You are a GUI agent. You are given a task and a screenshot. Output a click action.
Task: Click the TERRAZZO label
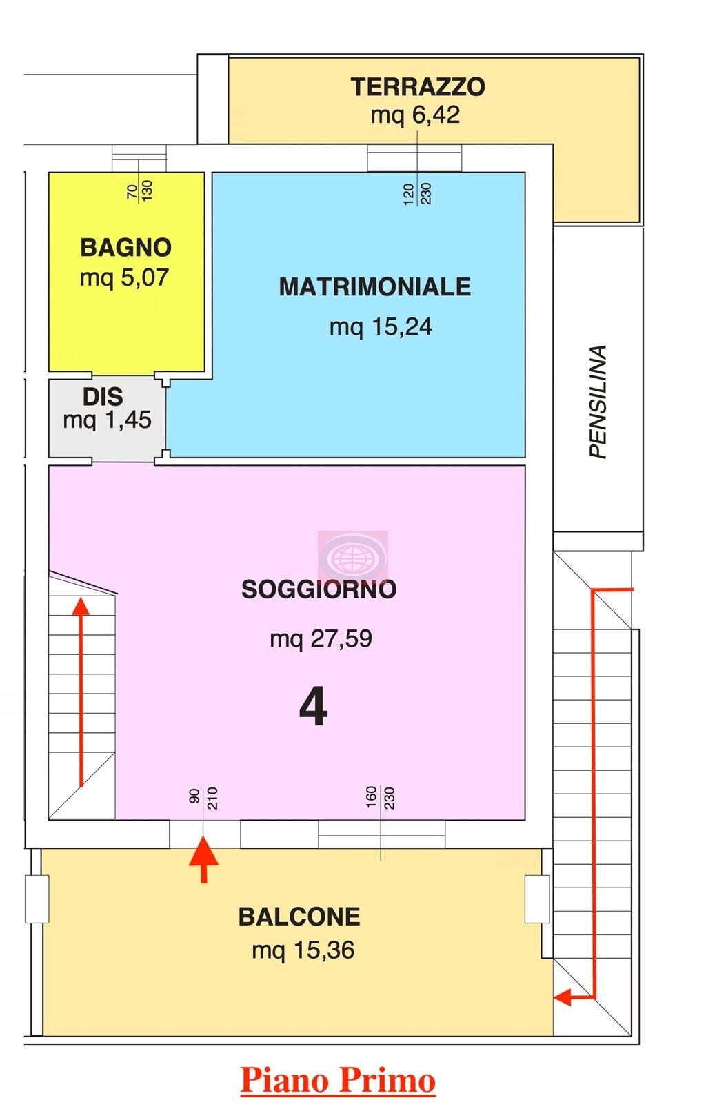click(x=417, y=87)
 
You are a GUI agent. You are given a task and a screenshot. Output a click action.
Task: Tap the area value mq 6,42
click(x=415, y=115)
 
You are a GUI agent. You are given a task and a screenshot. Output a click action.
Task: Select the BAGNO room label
click(x=126, y=248)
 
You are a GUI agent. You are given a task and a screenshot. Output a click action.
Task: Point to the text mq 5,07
click(x=124, y=277)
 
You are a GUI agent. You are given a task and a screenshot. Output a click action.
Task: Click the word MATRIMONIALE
click(x=375, y=287)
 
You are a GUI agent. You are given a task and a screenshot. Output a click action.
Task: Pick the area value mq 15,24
click(x=381, y=327)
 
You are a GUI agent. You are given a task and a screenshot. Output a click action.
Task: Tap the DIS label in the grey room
click(x=103, y=397)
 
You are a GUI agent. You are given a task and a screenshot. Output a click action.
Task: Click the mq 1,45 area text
click(x=107, y=420)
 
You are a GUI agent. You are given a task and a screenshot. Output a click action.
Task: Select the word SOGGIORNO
click(x=319, y=589)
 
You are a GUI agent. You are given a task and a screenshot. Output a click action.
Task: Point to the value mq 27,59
click(x=321, y=638)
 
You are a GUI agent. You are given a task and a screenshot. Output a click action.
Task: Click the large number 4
click(x=314, y=707)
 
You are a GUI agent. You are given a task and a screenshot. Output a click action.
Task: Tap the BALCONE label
click(x=299, y=917)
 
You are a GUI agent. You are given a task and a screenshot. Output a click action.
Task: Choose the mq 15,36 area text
click(x=303, y=950)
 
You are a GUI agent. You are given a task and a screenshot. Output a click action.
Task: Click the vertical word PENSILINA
click(x=598, y=402)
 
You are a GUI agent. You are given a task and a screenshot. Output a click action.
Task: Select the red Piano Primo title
click(x=338, y=1081)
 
